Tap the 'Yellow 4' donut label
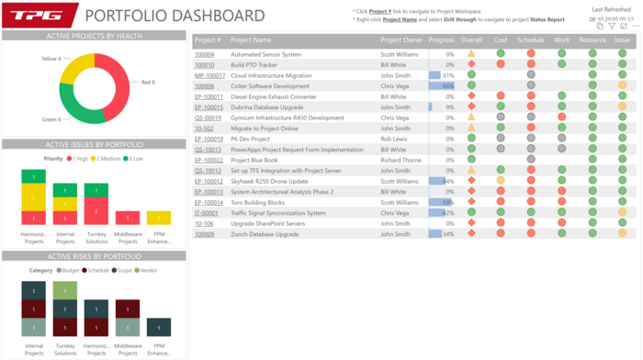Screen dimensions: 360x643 tap(51, 59)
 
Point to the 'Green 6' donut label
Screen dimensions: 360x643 tap(51, 119)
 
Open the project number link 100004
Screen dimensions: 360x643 tap(204, 54)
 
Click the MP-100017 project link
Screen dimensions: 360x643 tap(209, 75)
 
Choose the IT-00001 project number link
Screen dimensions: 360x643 tap(206, 212)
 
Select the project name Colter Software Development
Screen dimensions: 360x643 tap(270, 86)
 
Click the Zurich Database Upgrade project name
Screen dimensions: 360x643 tap(265, 233)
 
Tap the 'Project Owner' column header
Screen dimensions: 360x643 tap(401, 40)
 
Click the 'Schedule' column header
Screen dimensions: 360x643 tap(531, 40)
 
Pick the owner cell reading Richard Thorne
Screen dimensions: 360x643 tap(400, 160)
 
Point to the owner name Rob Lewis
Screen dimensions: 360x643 tap(394, 139)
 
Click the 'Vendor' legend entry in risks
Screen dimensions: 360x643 tap(146, 270)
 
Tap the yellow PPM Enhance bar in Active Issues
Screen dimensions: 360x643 tap(158, 218)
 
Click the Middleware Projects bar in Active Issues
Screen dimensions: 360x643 tap(128, 218)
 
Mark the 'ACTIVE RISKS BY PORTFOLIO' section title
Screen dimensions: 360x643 tap(95, 256)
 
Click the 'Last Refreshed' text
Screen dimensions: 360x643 tap(612, 9)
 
